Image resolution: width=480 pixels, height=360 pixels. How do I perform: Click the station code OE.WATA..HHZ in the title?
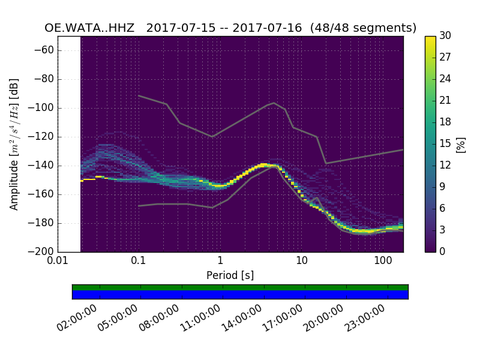[x=91, y=28]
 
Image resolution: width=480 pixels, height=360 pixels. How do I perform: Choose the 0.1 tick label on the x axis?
[x=139, y=262]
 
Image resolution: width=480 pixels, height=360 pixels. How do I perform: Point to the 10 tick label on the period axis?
[x=301, y=262]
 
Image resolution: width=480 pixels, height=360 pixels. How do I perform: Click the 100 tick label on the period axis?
[x=383, y=262]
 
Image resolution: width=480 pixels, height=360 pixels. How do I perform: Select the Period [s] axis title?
[x=230, y=275]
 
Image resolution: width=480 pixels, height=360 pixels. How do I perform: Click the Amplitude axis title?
[x=14, y=144]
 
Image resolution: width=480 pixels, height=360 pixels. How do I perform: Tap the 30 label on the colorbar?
[x=445, y=36]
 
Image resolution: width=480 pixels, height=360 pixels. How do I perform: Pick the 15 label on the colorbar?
[x=445, y=143]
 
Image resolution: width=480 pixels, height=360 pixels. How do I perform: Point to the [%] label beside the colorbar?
[x=461, y=144]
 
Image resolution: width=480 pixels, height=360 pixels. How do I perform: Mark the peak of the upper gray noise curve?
[x=274, y=103]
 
